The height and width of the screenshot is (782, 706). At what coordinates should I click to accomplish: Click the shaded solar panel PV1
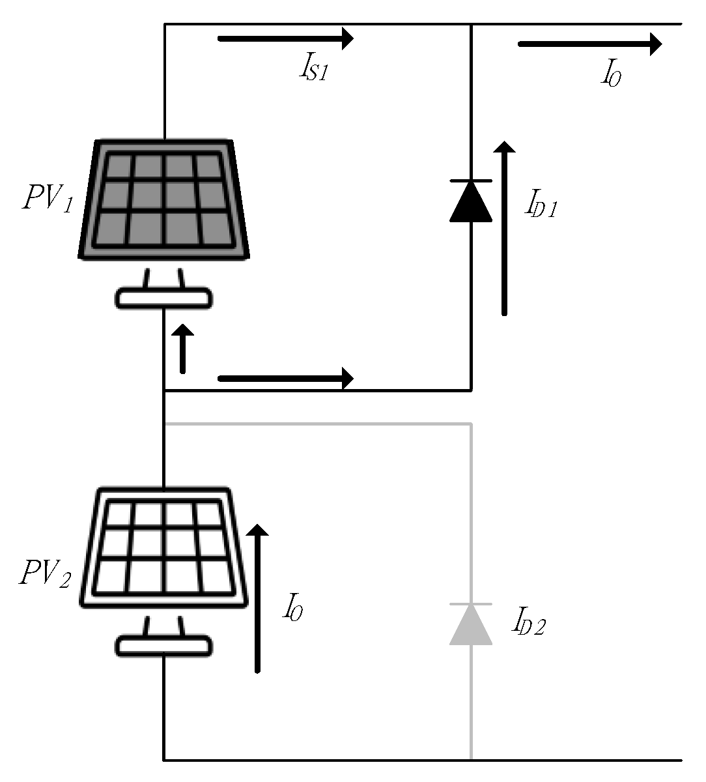coord(163,199)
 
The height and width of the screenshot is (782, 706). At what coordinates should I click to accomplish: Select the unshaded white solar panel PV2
coord(163,548)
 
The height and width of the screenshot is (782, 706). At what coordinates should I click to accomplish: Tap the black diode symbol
coord(471,201)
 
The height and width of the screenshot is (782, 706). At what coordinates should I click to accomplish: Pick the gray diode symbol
coord(471,624)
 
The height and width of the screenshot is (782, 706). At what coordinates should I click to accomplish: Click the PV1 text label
coord(48,197)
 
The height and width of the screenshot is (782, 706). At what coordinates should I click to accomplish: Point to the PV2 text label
coord(45,573)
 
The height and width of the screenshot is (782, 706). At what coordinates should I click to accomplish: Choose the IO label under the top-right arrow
coord(610,75)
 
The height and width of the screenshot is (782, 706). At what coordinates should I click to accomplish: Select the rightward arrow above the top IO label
coord(589,44)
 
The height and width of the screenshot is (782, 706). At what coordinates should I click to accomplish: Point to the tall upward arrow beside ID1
coord(504,228)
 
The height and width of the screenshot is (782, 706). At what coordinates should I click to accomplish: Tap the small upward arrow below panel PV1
coord(183,349)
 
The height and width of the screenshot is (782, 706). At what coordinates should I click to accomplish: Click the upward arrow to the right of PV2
coord(258,600)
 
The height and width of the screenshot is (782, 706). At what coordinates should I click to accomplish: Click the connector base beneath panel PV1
coord(164,297)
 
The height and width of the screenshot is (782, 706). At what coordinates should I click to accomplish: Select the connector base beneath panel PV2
coord(164,645)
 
